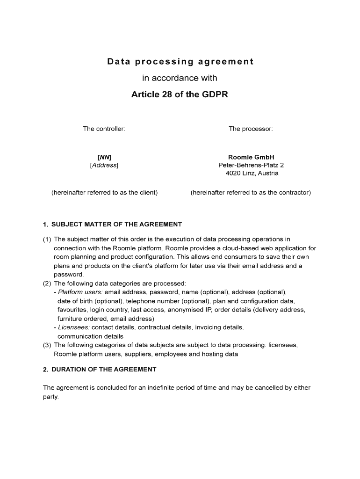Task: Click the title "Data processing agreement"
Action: tap(180, 62)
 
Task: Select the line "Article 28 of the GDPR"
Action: tap(180, 95)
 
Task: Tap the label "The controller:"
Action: tap(104, 129)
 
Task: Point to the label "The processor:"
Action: tap(251, 129)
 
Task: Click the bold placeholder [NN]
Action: tap(104, 157)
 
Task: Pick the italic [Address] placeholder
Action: tap(104, 165)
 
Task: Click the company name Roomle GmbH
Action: tap(251, 157)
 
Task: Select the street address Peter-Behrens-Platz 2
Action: tap(251, 165)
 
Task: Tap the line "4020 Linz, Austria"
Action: tap(251, 173)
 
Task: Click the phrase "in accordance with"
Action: tap(180, 78)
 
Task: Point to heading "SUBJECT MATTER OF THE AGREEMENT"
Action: tap(116, 225)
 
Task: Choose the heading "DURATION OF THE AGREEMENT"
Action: tap(104, 370)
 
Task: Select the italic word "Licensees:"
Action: tap(74, 327)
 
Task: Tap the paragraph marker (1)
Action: tap(47, 239)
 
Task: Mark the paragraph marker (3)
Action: tap(47, 345)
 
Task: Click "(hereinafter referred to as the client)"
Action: tap(104, 192)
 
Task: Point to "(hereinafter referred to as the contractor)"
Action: tap(251, 192)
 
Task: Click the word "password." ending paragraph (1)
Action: tap(69, 275)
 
